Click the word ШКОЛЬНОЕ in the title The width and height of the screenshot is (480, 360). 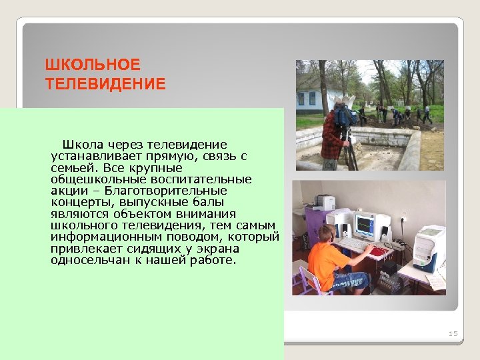click(93, 65)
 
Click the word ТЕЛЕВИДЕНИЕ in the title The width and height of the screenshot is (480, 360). click(105, 84)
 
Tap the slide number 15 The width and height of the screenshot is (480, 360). click(453, 333)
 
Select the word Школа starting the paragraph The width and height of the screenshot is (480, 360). click(81, 145)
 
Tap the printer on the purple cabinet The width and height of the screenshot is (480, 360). click(323, 202)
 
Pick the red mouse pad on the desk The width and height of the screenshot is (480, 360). click(379, 251)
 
